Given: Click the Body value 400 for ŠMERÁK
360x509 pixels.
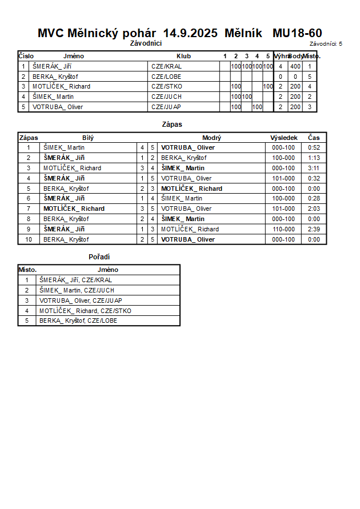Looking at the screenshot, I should coord(295,66).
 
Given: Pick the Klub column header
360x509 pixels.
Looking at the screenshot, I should coord(184,56).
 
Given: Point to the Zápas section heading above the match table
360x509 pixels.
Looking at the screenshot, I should coord(172,124).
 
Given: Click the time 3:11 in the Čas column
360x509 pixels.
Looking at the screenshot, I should coord(314,168).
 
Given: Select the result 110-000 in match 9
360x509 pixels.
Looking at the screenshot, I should coord(283,229).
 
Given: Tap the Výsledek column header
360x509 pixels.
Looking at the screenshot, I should coord(283,138).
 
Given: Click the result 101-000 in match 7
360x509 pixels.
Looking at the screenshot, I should coord(283,209).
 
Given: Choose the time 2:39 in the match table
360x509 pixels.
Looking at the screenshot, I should coord(314,229).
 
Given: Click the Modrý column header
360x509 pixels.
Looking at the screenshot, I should coord(211,138).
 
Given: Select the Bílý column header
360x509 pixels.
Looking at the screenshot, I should coord(88,138).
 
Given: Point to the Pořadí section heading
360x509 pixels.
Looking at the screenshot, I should coord(99,257).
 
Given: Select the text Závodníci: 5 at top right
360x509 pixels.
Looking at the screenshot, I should coord(326,43).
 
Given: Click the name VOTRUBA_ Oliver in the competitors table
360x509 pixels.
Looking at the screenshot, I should coord(58,107).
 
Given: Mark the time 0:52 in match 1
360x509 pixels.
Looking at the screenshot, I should coord(314,147).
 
